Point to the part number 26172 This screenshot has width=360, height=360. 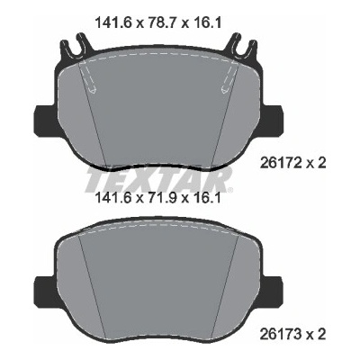point(280,164)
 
